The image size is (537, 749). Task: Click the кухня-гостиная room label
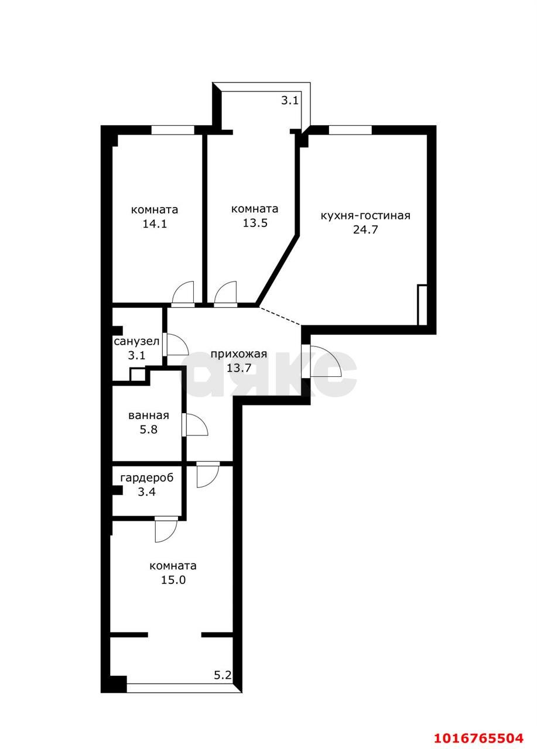[x=365, y=216]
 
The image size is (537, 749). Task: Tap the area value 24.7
[x=365, y=230]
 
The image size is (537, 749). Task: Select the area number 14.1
[x=155, y=224]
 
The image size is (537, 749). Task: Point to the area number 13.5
[x=255, y=223]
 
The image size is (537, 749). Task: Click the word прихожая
[x=238, y=354]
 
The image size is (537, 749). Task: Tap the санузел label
[x=136, y=341]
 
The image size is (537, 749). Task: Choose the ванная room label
[x=149, y=415]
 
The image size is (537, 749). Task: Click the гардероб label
[x=147, y=478]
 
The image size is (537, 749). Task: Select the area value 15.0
[x=173, y=579]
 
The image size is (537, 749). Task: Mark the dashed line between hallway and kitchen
[x=279, y=315]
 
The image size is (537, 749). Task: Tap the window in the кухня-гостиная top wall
[x=350, y=130]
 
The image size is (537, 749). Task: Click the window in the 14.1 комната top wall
[x=173, y=130]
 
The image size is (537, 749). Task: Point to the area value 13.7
[x=239, y=368]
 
